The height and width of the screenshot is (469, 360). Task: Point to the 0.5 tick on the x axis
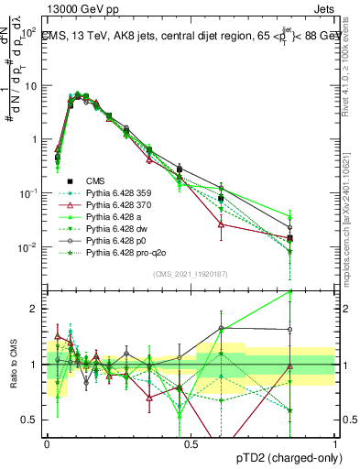(191, 443)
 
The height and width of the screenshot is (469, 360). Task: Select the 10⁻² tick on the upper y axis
(29, 247)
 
